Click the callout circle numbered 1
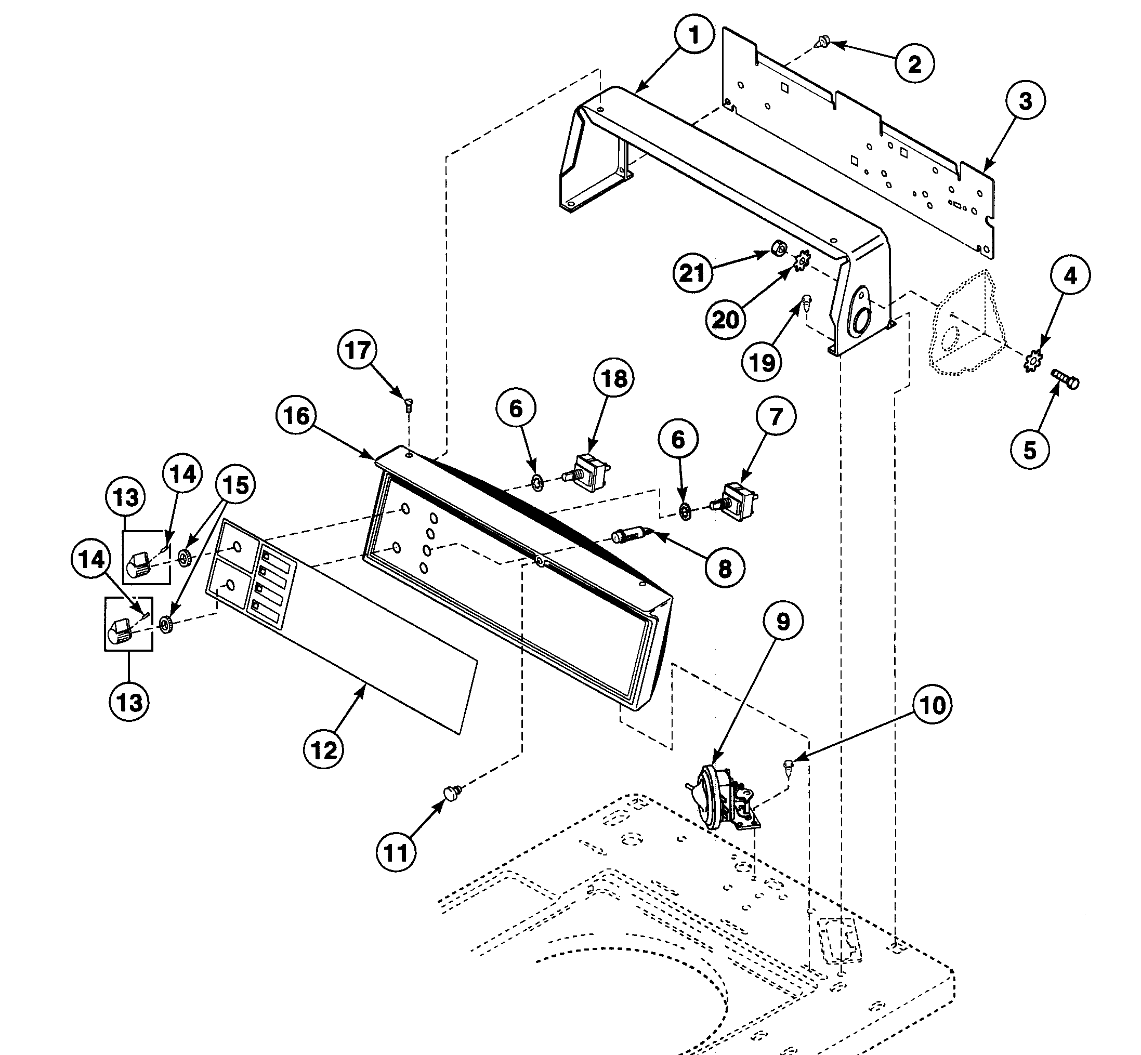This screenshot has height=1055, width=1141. click(694, 35)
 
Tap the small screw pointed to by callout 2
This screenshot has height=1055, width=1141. click(823, 41)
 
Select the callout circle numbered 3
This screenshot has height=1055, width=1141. click(1025, 101)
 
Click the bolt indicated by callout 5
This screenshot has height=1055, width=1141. click(1065, 379)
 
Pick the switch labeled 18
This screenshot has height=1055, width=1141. click(592, 471)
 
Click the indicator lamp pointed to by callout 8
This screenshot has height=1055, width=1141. click(627, 535)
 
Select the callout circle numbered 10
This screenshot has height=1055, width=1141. click(933, 706)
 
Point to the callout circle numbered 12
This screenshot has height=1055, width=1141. click(324, 749)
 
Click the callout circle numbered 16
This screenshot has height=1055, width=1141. click(296, 416)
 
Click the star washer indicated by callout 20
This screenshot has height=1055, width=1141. click(802, 261)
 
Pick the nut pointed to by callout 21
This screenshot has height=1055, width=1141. click(778, 249)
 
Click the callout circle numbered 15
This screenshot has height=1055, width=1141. click(237, 485)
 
